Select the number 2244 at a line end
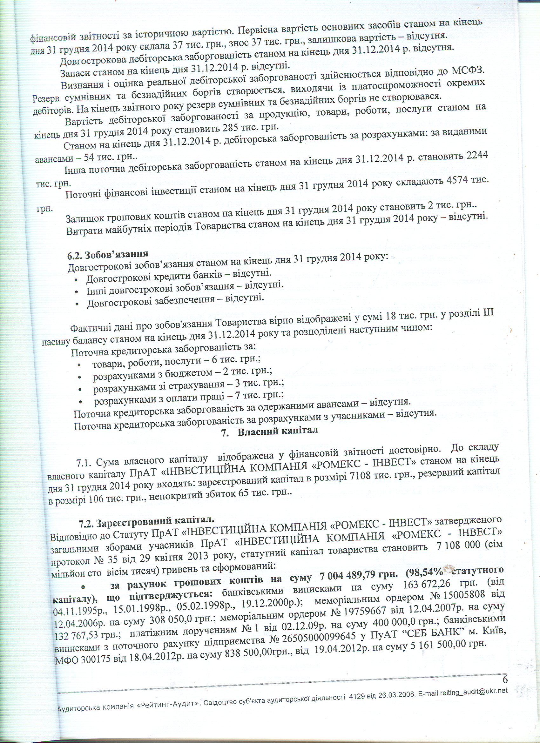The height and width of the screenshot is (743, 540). pyautogui.click(x=477, y=156)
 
